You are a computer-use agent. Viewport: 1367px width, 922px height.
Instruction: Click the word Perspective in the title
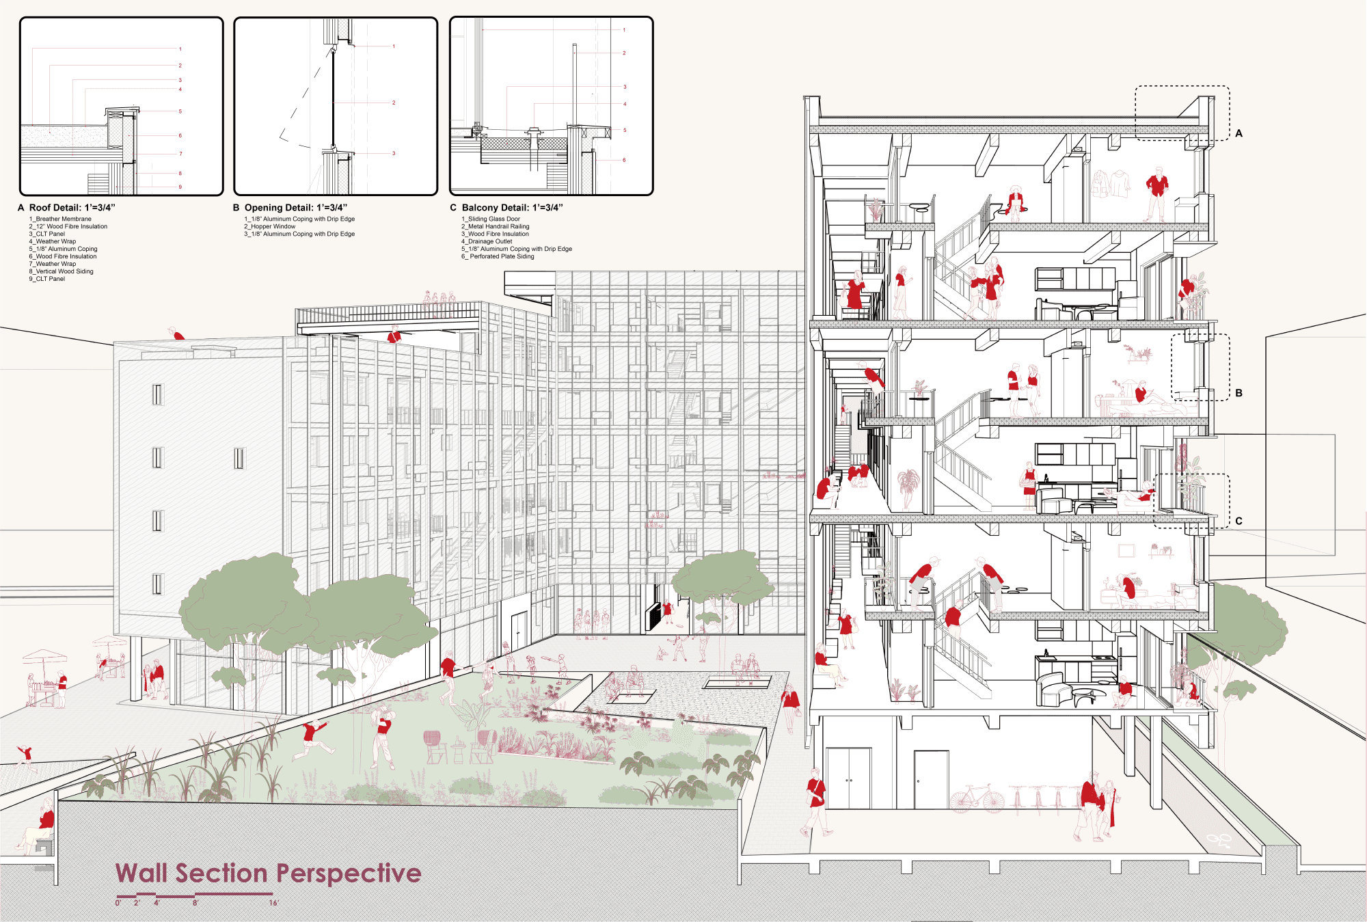[x=349, y=874]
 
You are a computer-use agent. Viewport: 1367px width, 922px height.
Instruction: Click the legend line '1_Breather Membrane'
[x=60, y=219]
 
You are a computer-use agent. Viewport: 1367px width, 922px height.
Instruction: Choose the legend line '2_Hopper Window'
[x=270, y=226]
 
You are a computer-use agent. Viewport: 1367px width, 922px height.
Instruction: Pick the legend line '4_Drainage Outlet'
[x=487, y=241]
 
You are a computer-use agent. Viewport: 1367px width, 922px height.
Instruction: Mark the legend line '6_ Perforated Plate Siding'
[x=498, y=256]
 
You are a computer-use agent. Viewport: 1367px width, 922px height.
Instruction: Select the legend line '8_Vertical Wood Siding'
[x=61, y=271]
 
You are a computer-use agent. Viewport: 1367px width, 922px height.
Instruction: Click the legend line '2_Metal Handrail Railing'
[x=495, y=226]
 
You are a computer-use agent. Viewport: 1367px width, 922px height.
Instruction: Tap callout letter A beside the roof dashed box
[x=1239, y=133]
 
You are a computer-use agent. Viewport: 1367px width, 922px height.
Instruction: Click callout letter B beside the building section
[x=1239, y=393]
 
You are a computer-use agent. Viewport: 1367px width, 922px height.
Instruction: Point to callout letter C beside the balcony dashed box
[x=1239, y=521]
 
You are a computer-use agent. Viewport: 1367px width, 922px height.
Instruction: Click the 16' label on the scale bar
[x=273, y=903]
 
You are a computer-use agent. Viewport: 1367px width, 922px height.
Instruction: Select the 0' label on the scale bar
[x=118, y=903]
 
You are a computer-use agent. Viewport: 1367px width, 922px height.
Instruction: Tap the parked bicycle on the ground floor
[x=977, y=798]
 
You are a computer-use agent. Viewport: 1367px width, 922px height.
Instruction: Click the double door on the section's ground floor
[x=849, y=778]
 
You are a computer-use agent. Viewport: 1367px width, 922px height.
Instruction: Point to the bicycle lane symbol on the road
[x=1219, y=840]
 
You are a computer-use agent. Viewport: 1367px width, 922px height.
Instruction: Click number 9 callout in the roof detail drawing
[x=180, y=187]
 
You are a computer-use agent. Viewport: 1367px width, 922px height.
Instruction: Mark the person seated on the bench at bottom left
[x=38, y=828]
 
